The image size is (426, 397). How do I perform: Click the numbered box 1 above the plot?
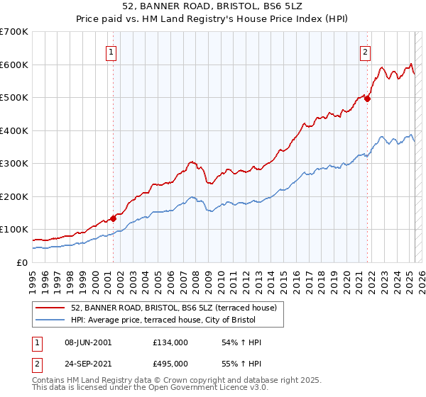(112, 51)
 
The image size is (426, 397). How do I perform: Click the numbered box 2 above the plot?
(365, 51)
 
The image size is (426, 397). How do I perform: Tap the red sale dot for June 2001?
(113, 218)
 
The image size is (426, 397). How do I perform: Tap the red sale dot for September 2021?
(367, 99)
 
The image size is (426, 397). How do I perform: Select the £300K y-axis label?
(16, 164)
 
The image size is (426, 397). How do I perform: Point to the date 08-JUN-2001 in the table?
(87, 342)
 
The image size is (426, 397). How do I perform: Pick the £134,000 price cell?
(170, 342)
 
